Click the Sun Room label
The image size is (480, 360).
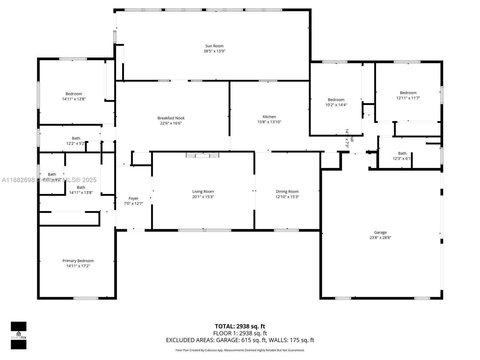(214, 46)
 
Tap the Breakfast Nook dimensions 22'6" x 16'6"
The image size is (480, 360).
(171, 123)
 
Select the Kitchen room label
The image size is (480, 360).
(269, 117)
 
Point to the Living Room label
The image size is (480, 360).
(203, 191)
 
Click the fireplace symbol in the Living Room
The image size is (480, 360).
(202, 155)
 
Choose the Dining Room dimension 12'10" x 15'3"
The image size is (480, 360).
(287, 197)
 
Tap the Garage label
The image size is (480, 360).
(380, 232)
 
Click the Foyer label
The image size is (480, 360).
(133, 198)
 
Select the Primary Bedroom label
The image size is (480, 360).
(78, 261)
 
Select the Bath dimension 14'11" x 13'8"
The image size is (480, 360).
(81, 193)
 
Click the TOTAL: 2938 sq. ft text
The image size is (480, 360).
(240, 326)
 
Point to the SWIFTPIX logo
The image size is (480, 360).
(19, 335)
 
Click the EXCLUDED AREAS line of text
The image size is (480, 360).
(240, 340)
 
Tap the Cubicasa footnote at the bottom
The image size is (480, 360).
(240, 350)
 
